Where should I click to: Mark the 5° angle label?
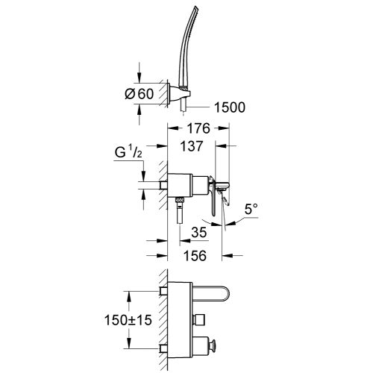click(252, 221)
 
